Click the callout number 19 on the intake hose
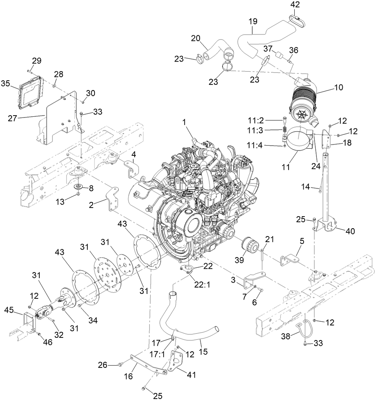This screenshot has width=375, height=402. click(x=252, y=21)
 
